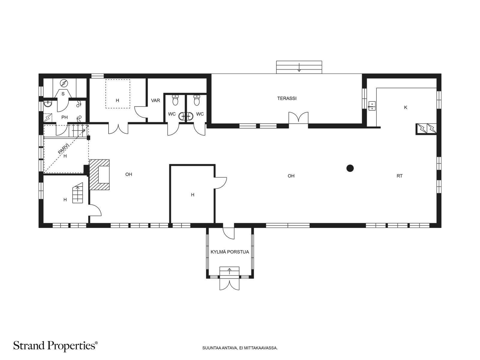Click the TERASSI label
[x=287, y=98]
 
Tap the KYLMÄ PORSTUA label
[x=229, y=252]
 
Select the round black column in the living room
[x=350, y=168]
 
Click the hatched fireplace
[x=99, y=175]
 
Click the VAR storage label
[x=155, y=100]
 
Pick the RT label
[x=400, y=176]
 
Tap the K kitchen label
[x=406, y=107]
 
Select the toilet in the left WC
[x=175, y=100]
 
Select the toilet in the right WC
[x=197, y=100]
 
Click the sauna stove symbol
[x=64, y=83]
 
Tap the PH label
[x=64, y=117]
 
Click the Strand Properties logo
[x=55, y=346]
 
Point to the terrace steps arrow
[x=299, y=67]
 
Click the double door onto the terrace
[x=298, y=118]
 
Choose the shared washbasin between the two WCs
[x=186, y=116]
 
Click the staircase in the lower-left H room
[x=78, y=193]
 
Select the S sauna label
[x=63, y=94]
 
